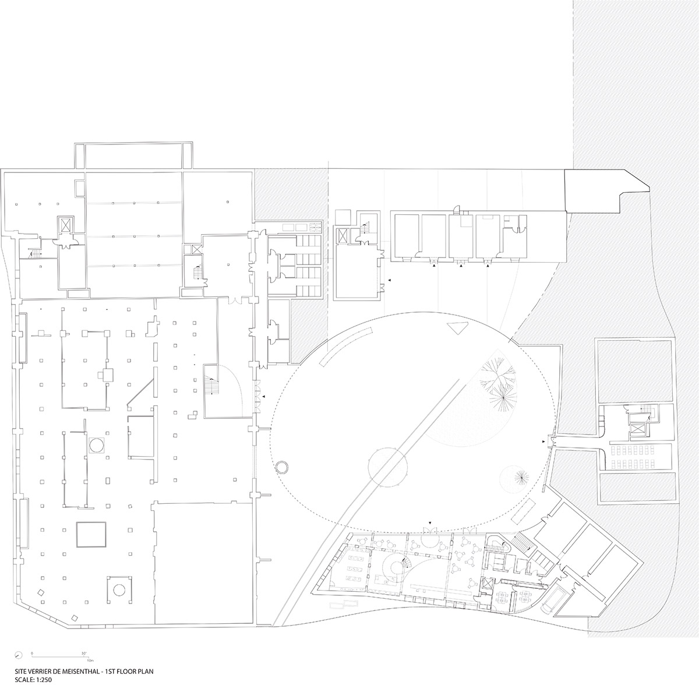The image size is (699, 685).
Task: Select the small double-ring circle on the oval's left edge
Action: [282, 467]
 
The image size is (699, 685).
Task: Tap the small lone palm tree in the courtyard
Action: [521, 478]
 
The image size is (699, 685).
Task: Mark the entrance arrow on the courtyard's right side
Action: [543, 442]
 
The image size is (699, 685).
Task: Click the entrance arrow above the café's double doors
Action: [430, 523]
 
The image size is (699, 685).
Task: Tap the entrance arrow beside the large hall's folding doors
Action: [264, 397]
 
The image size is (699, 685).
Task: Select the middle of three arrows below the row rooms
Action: [461, 266]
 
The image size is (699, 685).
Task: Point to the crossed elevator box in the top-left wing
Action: [65, 225]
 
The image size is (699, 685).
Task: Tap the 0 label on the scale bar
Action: [32, 653]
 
